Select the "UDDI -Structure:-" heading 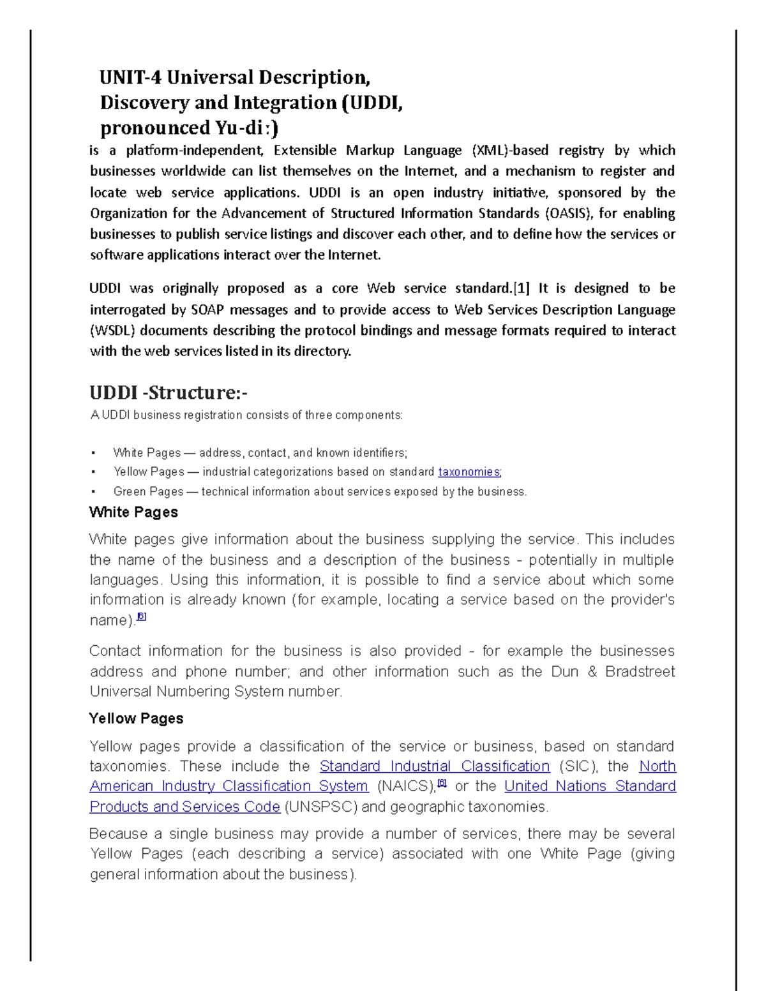tap(168, 392)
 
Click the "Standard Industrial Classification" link tap(434, 766)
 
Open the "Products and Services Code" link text tap(184, 807)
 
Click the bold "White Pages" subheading tap(133, 512)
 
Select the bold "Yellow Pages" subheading tap(136, 719)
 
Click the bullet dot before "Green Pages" tap(93, 492)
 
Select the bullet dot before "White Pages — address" tap(93, 453)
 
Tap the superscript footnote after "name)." tap(142, 617)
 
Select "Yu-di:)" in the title tap(246, 128)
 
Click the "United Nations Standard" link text tap(590, 786)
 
